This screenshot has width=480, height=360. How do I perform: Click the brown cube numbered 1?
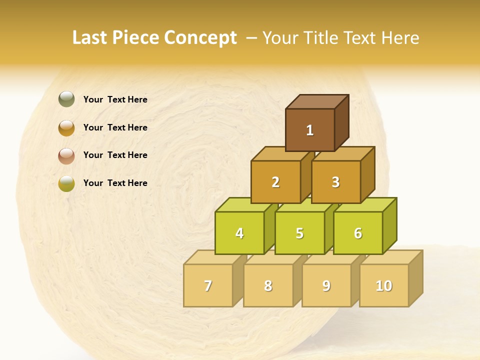310,130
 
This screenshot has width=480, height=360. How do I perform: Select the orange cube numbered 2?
275,182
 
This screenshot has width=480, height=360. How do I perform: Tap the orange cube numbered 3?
335,182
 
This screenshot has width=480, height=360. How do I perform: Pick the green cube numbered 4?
239,233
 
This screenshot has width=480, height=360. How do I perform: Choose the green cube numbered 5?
299,233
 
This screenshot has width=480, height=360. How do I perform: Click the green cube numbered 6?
358,233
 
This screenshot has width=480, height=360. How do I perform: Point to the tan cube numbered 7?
208,285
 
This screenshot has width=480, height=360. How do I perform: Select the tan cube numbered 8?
268,285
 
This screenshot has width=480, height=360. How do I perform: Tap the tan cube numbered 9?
326,285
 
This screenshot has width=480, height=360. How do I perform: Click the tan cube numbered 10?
383,285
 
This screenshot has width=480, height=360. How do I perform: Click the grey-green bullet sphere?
66,99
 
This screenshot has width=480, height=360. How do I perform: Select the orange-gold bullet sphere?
66,127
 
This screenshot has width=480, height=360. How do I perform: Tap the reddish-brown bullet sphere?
66,155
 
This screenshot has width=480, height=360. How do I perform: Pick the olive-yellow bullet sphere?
66,183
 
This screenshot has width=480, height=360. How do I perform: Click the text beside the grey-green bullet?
115,99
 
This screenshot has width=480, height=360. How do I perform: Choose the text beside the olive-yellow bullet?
115,183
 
